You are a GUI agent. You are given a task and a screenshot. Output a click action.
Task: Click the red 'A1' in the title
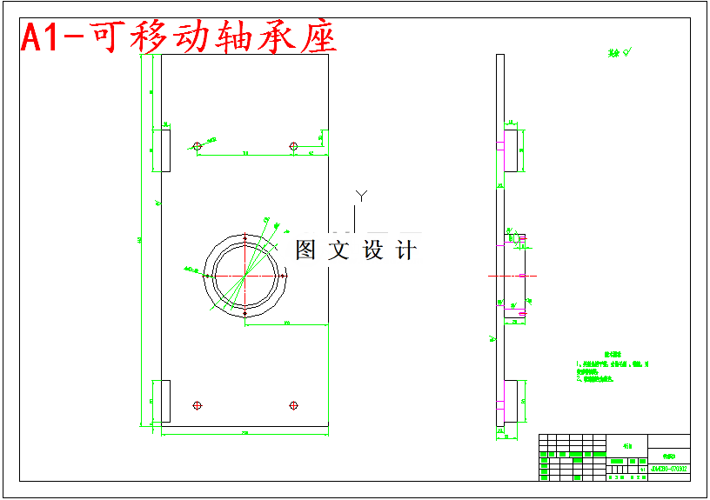coord(43,38)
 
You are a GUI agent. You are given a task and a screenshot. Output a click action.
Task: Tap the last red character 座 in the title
coord(318,37)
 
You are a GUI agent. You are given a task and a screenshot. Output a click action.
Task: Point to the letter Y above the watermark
coord(361,196)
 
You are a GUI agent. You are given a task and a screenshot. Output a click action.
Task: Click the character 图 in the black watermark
coord(305,250)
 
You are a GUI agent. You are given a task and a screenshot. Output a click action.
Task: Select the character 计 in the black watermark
coord(405,250)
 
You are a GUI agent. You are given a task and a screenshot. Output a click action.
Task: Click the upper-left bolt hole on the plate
coord(198,146)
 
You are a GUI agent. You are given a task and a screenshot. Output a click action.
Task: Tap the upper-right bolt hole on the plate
coord(293,146)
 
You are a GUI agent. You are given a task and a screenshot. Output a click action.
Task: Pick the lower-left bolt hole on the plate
coord(198,405)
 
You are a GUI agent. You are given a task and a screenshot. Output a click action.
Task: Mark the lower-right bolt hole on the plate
coord(293,405)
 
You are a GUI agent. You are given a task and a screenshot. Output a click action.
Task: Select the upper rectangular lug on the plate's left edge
coord(165,150)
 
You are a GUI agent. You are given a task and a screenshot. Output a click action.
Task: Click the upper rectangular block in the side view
coord(512,150)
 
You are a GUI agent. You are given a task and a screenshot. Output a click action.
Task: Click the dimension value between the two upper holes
coord(245,152)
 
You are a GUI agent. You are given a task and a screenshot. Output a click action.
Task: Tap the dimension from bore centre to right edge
coord(286,323)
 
